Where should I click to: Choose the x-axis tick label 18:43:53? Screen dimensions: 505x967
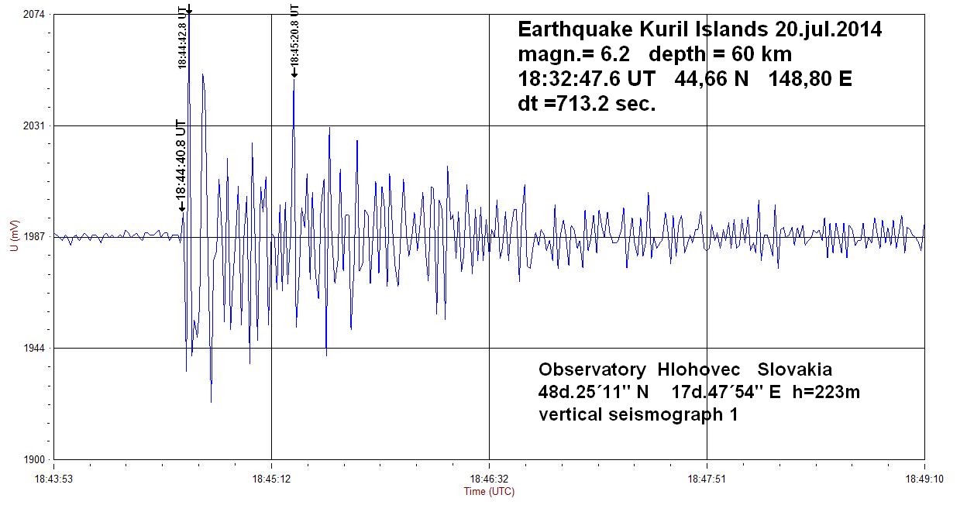coord(54,479)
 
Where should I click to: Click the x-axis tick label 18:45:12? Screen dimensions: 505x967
coord(271,479)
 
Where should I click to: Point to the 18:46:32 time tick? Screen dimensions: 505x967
coord(489,479)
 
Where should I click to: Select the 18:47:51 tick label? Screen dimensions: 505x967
coord(707,479)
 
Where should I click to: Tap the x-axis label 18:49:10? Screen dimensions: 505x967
coord(924,479)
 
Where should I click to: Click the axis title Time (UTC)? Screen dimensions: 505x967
coord(489,491)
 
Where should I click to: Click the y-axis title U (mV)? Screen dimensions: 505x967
coord(13,237)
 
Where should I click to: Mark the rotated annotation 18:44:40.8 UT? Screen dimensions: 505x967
coord(181,161)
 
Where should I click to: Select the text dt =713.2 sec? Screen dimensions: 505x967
coord(587,104)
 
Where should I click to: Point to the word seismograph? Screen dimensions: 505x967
coord(666,414)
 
